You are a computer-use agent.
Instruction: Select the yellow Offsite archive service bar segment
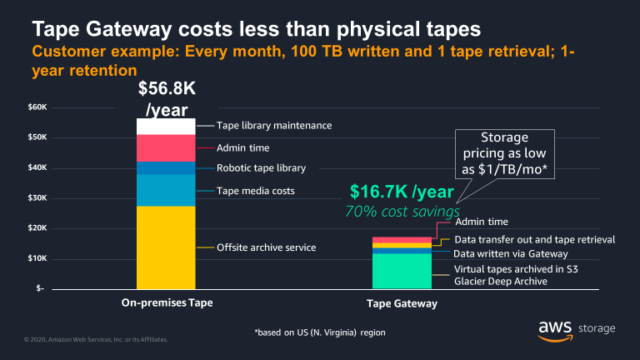(166, 247)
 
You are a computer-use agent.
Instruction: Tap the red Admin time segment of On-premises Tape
(166, 147)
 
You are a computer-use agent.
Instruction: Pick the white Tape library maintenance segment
(166, 126)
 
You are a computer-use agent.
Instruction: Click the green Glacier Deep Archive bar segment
(402, 270)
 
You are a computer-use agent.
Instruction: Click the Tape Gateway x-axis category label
(402, 303)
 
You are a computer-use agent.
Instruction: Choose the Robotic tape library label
(261, 167)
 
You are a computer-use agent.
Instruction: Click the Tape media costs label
(255, 191)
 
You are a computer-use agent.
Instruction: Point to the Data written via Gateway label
(510, 253)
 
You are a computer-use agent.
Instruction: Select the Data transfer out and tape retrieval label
(534, 239)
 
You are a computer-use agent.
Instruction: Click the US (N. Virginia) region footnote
(319, 332)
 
